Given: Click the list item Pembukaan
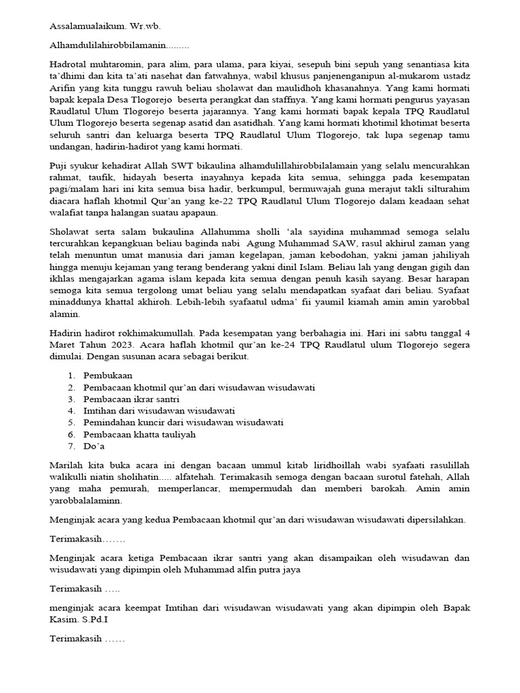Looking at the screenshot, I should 108,375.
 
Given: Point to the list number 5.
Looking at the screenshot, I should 71,422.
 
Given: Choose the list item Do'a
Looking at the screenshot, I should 94,446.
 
